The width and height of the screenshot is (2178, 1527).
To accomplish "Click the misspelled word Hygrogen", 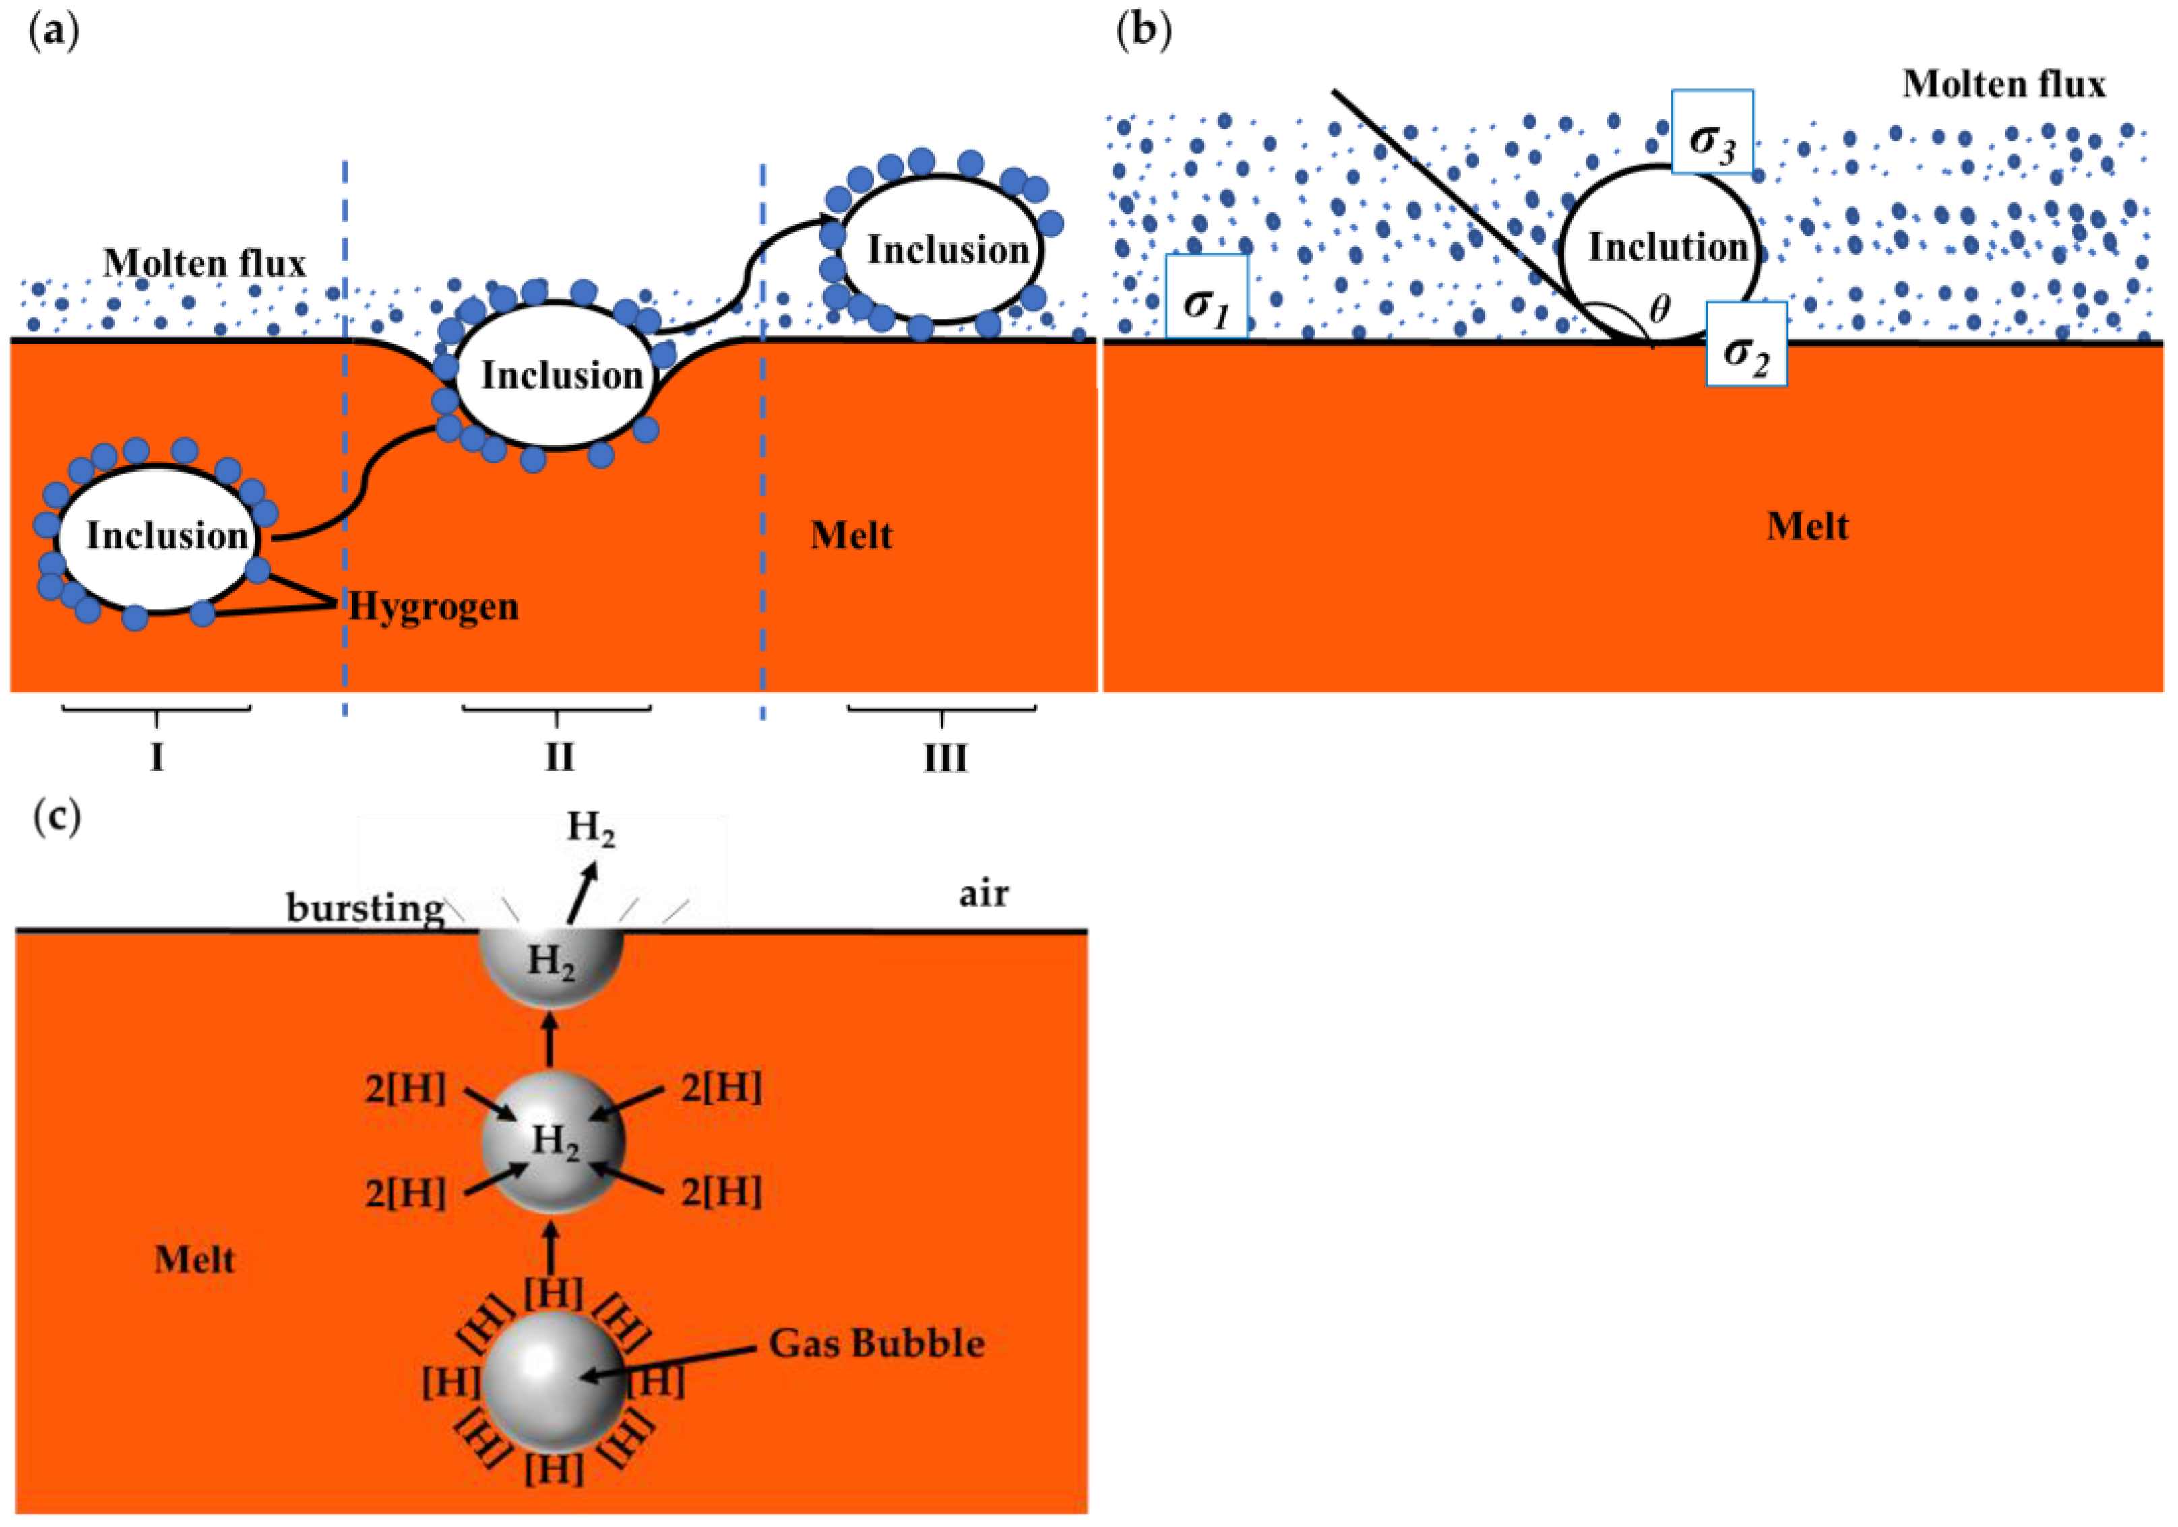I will click(x=433, y=606).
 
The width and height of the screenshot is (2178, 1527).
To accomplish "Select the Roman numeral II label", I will click(x=559, y=758).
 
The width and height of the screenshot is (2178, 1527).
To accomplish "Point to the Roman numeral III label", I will click(x=945, y=758).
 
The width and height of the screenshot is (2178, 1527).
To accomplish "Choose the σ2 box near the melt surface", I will click(x=1747, y=344).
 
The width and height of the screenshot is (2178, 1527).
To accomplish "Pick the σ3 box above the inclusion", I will click(x=1712, y=132).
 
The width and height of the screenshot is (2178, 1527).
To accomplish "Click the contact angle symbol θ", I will click(x=1659, y=309).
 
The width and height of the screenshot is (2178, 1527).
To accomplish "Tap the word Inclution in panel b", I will click(x=1668, y=248).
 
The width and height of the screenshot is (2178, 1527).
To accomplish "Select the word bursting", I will click(x=365, y=909).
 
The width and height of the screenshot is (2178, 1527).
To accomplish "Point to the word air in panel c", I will click(x=984, y=892).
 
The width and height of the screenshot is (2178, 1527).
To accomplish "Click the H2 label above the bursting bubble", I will click(x=590, y=828).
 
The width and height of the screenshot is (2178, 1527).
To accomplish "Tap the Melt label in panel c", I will click(x=195, y=1260).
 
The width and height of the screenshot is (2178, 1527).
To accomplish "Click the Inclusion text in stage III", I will click(x=947, y=251).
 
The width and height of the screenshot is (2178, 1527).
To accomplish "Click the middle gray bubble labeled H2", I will click(x=553, y=1141).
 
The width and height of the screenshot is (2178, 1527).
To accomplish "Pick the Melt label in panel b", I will click(x=1807, y=526).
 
